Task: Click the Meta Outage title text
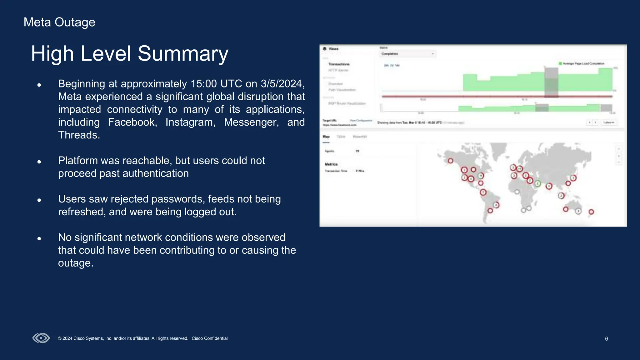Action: (x=59, y=22)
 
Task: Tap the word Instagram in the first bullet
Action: (x=190, y=122)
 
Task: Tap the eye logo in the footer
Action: (x=41, y=338)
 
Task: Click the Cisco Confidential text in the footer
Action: (x=209, y=338)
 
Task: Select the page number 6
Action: (x=606, y=339)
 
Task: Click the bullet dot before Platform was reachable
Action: (x=39, y=162)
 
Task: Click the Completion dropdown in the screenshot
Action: (x=407, y=54)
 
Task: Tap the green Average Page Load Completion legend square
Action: (x=560, y=63)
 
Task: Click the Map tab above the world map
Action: (x=326, y=137)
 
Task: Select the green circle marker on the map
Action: (x=538, y=183)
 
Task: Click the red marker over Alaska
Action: (x=450, y=161)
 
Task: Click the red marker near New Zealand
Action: (x=591, y=212)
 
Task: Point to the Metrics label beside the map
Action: (x=331, y=164)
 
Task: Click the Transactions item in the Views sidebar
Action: (x=339, y=64)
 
